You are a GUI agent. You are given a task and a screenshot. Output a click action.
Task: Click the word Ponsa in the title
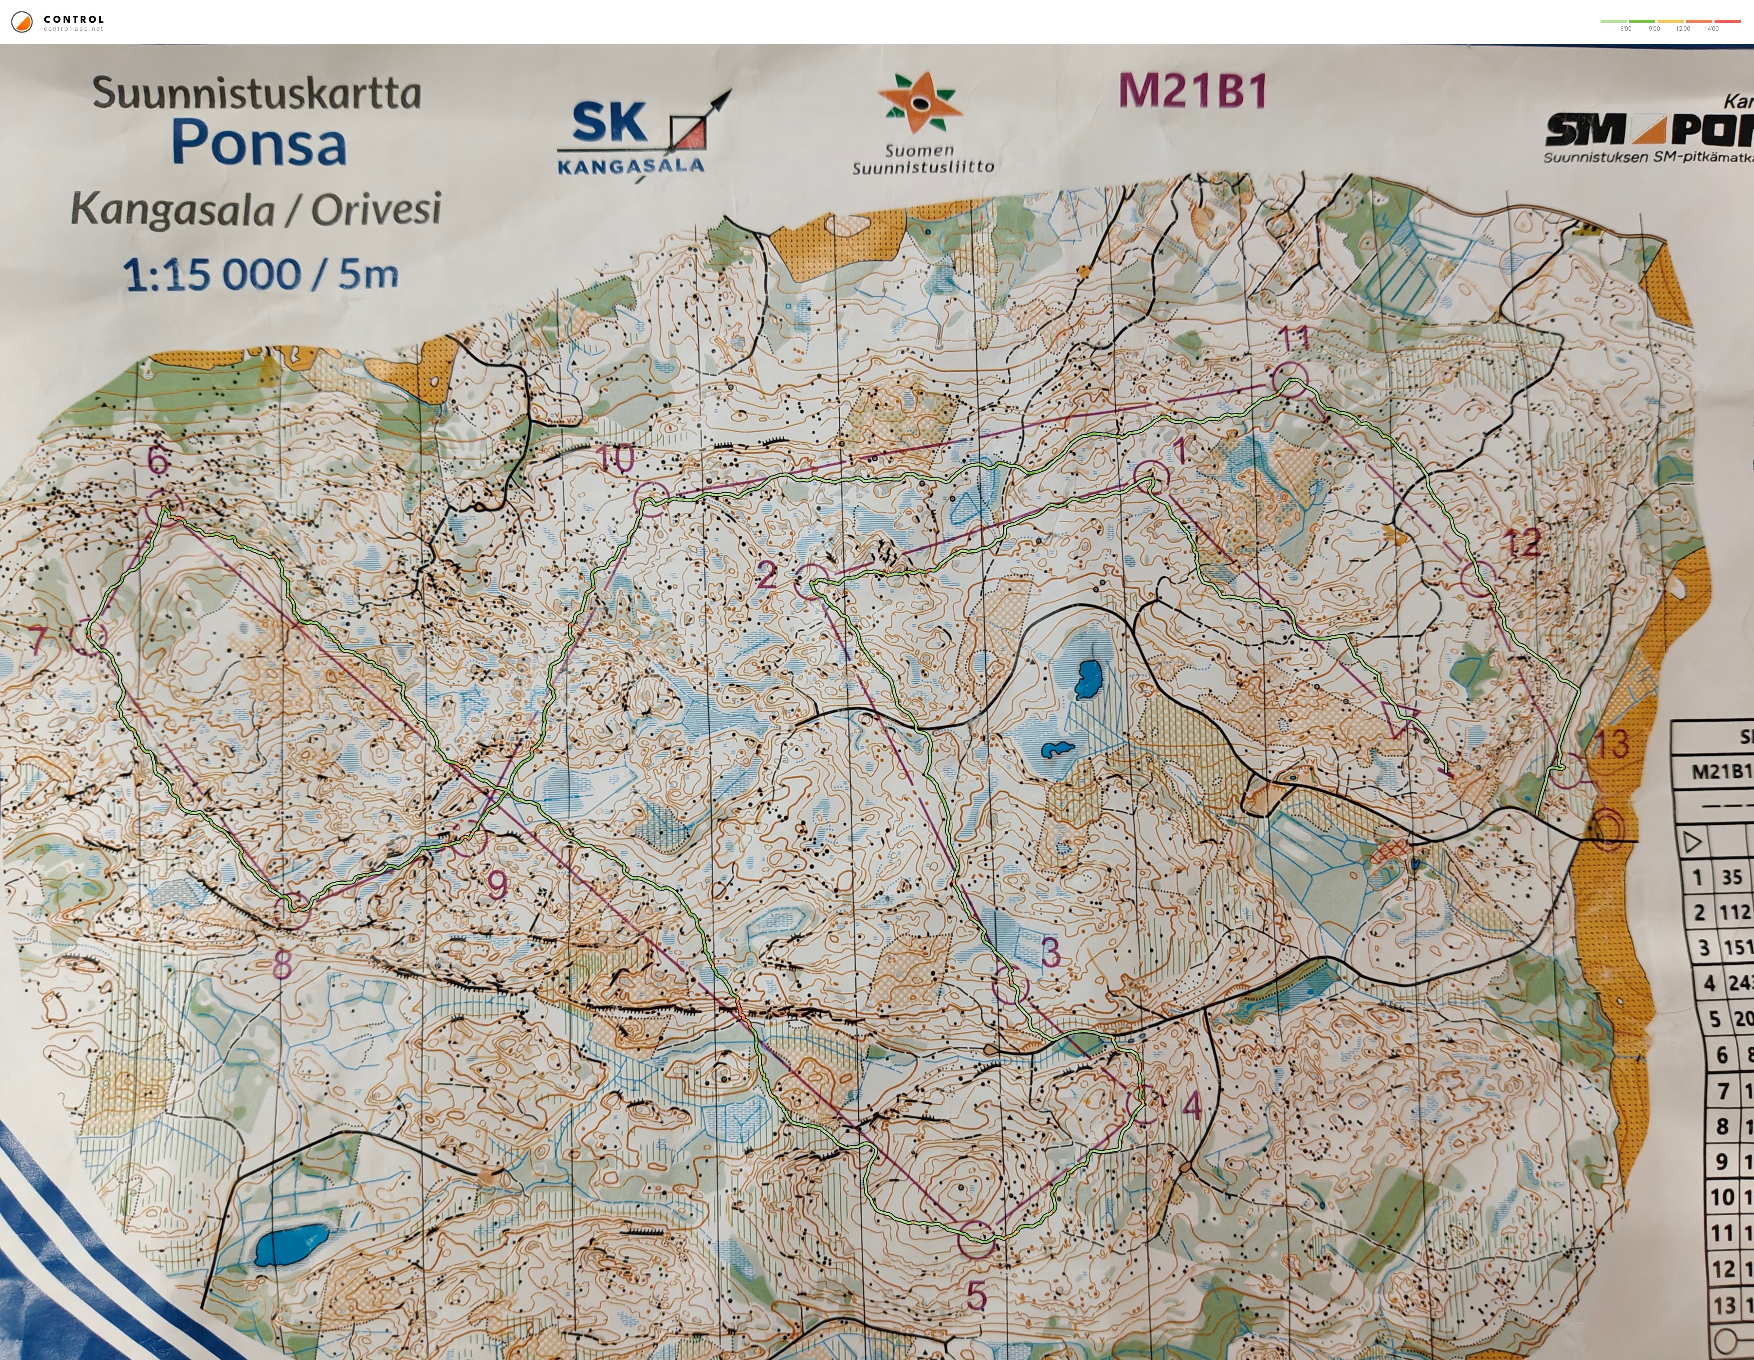[259, 145]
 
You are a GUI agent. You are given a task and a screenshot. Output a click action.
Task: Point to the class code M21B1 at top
[1193, 91]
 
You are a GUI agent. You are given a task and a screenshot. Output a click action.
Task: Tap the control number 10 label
[616, 459]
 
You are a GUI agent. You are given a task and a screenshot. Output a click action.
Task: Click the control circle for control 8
[292, 911]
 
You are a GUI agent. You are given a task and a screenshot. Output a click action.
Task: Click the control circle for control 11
[1291, 378]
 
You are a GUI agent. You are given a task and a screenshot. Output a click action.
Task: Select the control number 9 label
[498, 885]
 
